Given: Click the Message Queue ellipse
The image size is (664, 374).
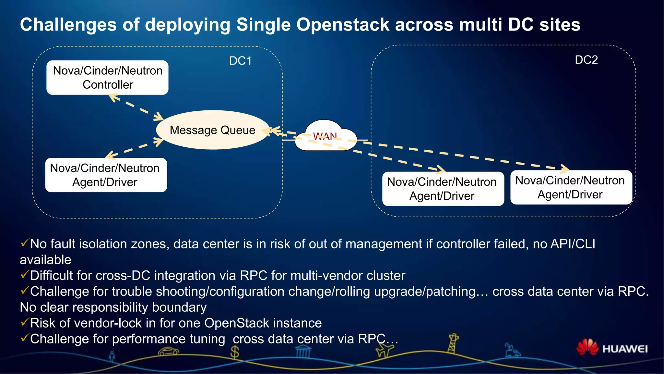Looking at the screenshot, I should click(213, 130).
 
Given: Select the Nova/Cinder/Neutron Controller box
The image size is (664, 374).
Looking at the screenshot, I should click(107, 78).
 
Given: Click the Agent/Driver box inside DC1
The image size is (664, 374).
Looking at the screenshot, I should click(106, 175).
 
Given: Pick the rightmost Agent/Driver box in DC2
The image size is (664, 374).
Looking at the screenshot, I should click(571, 187).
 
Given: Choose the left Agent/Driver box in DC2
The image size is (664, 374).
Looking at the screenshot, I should click(443, 189).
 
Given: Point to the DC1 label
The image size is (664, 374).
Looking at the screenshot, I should click(240, 61).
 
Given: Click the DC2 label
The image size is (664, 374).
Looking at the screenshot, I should click(586, 60).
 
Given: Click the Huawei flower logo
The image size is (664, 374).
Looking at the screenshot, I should click(587, 347).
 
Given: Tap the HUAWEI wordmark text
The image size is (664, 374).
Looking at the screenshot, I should click(625, 349).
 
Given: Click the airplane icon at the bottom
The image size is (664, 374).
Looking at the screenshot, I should click(385, 350).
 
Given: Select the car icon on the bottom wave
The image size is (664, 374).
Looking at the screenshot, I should click(168, 351).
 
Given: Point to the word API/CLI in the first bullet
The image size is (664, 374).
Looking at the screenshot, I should click(573, 244).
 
